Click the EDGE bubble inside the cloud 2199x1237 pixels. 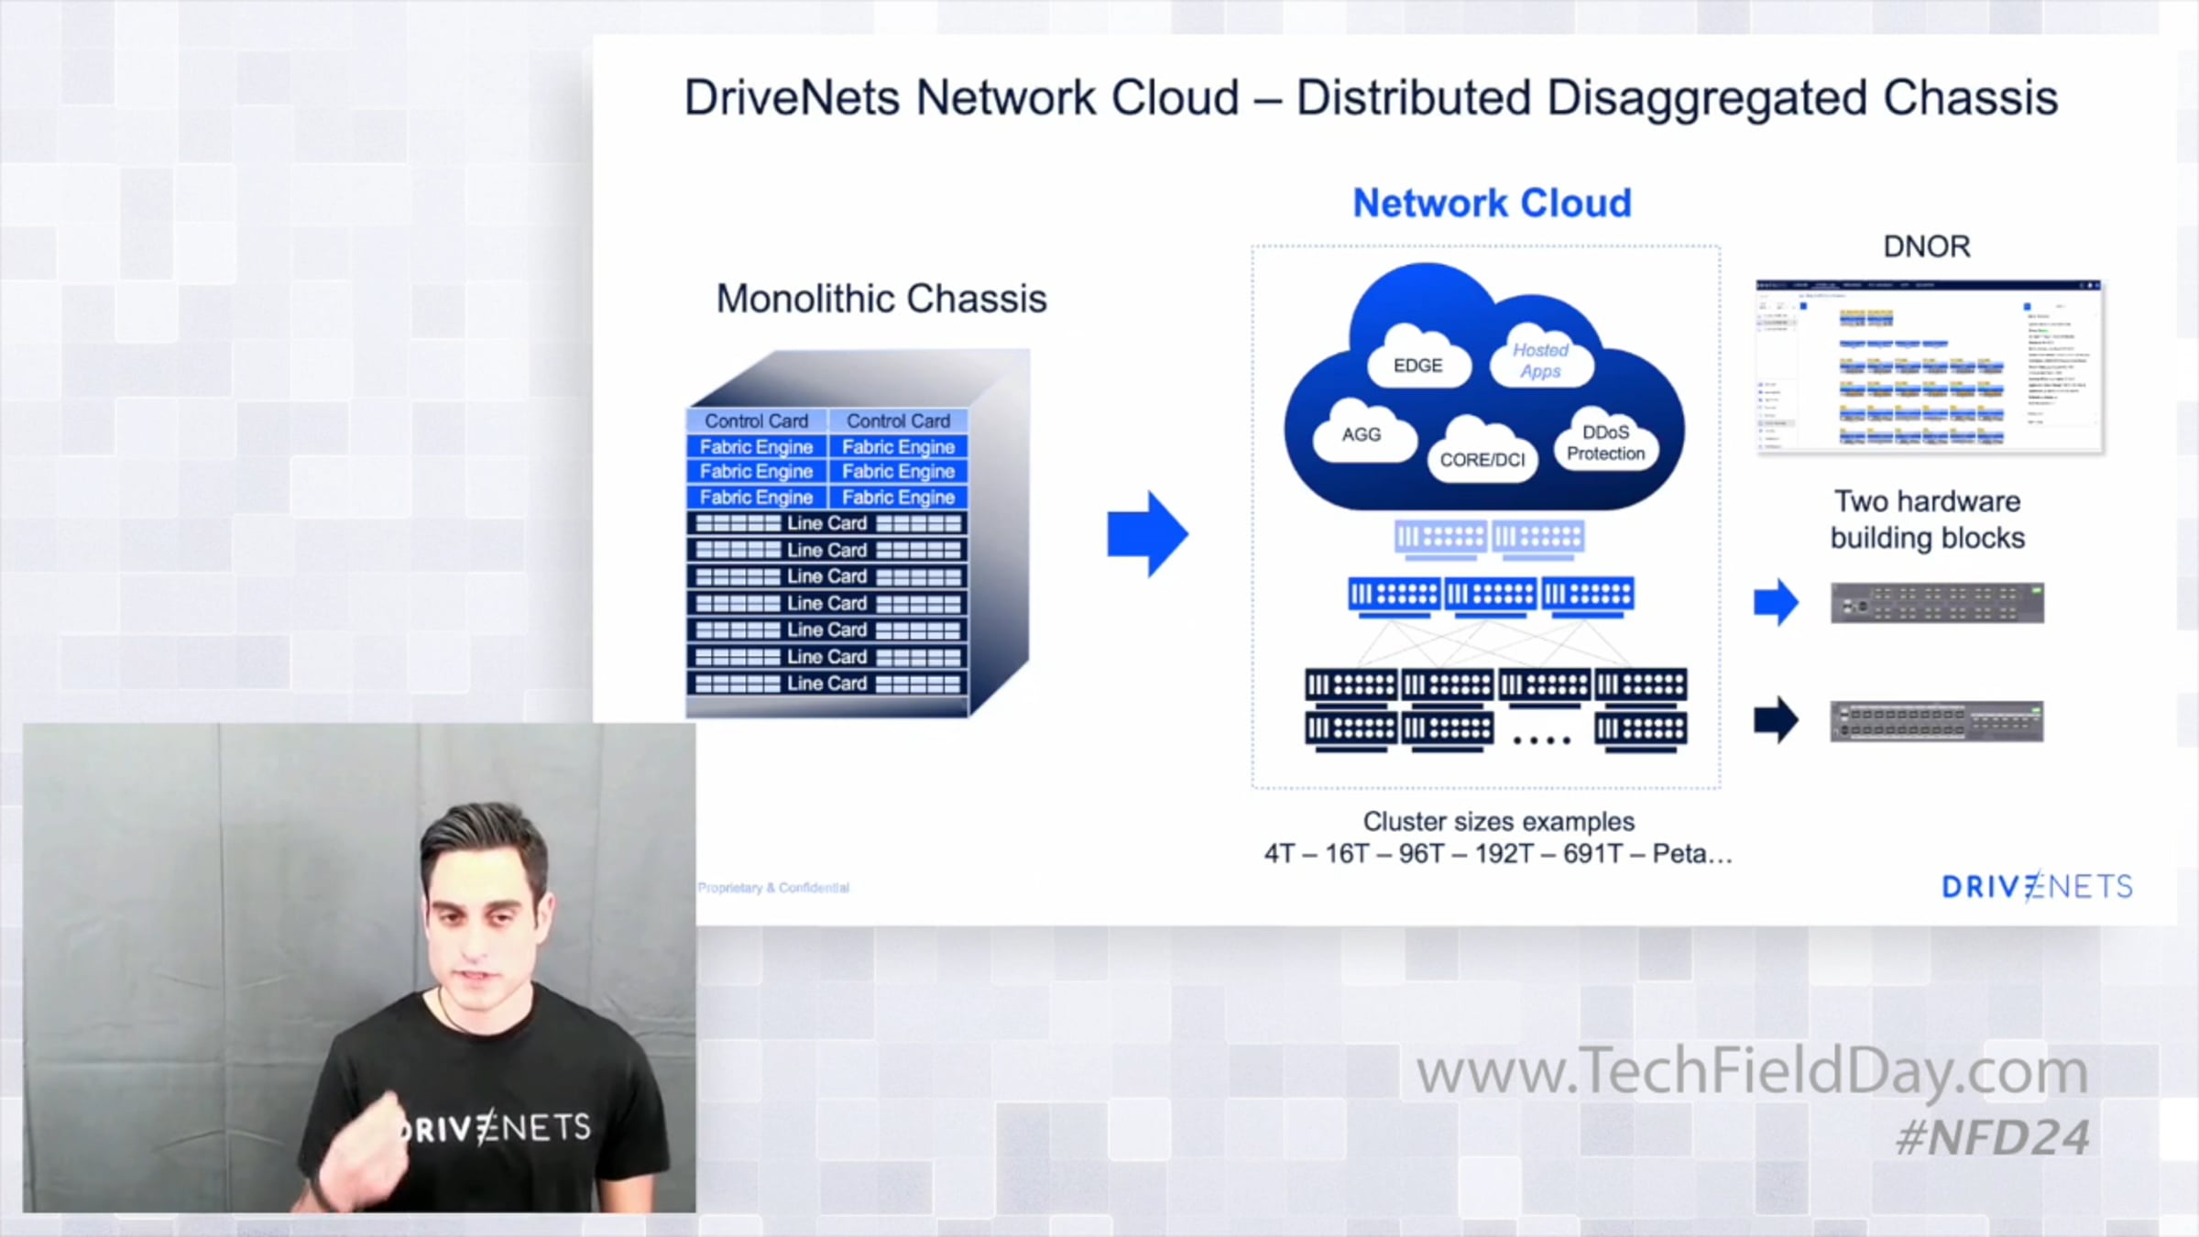(1417, 365)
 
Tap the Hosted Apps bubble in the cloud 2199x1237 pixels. (1540, 360)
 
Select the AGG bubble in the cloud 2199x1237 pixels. (1362, 434)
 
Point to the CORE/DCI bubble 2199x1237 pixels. (1482, 458)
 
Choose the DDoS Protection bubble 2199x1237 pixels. (1605, 443)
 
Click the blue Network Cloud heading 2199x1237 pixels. (1492, 203)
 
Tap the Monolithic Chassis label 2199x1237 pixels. (881, 299)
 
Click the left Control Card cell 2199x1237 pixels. (756, 421)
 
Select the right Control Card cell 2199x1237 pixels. (898, 421)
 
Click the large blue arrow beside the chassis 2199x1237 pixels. (1146, 534)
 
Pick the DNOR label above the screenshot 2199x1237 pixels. (1926, 246)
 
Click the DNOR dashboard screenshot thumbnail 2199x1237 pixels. (1928, 367)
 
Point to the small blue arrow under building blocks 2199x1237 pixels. (1776, 603)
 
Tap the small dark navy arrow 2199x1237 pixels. (1776, 720)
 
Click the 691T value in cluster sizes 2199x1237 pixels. (1601, 854)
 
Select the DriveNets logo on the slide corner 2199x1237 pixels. (2037, 886)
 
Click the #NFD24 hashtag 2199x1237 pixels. (1992, 1138)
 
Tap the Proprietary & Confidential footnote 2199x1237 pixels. (773, 888)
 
